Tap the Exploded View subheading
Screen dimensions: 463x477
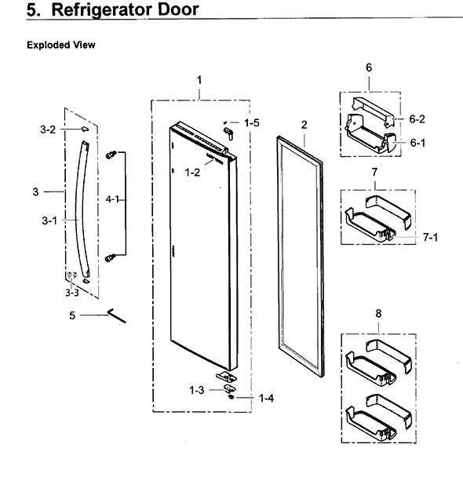coord(61,45)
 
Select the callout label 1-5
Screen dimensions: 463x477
coord(252,122)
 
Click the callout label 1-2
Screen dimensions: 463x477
coord(192,173)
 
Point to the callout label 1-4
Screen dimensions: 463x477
coord(266,398)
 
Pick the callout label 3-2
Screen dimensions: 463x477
coord(48,129)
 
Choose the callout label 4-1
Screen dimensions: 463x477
coord(112,199)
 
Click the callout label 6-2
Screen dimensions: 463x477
coord(417,119)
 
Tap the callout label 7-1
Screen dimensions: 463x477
coord(431,237)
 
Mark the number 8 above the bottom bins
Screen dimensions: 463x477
coord(378,313)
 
